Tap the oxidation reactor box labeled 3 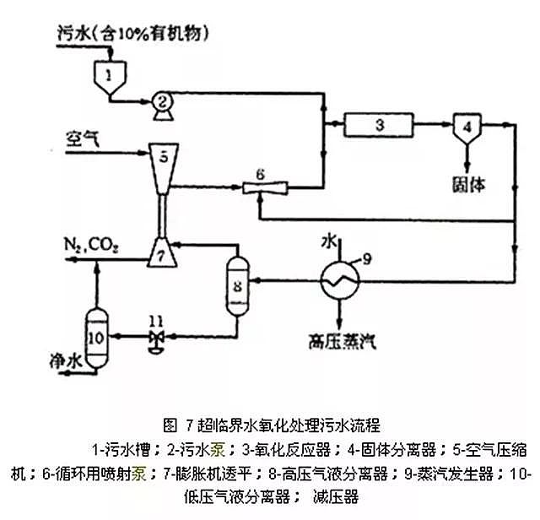pos(380,125)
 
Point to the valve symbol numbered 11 pos(154,338)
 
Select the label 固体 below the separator pos(467,182)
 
